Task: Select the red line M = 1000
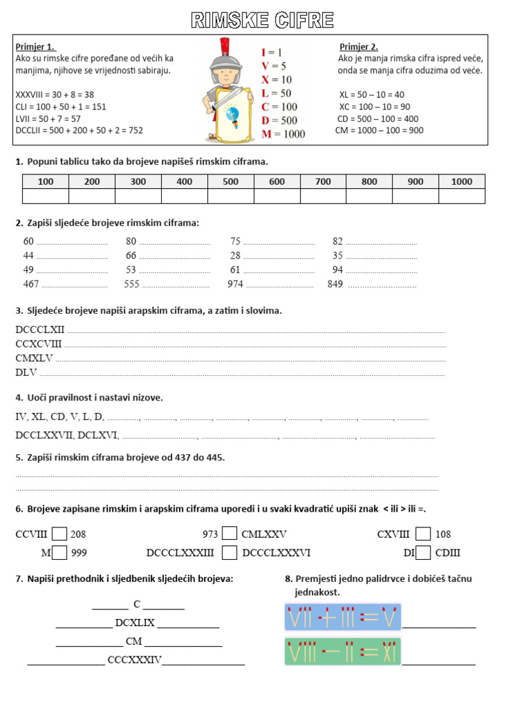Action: click(x=282, y=134)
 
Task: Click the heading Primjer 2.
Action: click(x=359, y=47)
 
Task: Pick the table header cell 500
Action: click(x=231, y=181)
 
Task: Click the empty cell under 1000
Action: click(x=461, y=196)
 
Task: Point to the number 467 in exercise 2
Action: click(x=31, y=284)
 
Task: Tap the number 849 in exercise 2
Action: click(x=335, y=284)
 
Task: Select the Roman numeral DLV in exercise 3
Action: click(x=27, y=372)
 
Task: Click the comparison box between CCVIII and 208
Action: click(x=60, y=534)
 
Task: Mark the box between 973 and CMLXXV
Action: click(x=230, y=534)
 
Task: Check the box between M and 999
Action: click(x=60, y=552)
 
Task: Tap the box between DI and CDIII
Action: click(x=424, y=552)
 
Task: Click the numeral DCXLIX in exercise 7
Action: click(x=135, y=623)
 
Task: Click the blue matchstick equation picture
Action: click(x=342, y=617)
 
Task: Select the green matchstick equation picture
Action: click(x=342, y=652)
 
